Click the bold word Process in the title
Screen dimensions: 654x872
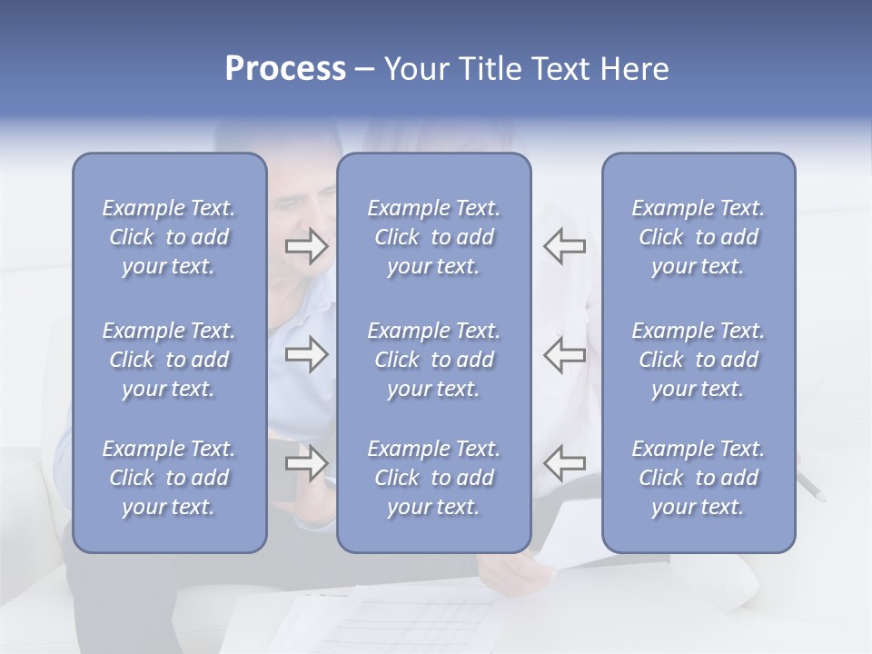click(x=285, y=69)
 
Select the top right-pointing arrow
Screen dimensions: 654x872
click(x=306, y=246)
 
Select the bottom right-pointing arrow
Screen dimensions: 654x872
click(x=306, y=463)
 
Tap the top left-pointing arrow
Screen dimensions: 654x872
click(x=565, y=246)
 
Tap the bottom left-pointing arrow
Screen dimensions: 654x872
click(x=565, y=463)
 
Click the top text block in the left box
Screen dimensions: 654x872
click(x=169, y=237)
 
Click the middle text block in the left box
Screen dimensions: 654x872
click(x=169, y=360)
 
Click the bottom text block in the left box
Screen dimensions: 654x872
click(x=169, y=478)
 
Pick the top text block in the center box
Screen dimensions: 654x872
click(x=433, y=237)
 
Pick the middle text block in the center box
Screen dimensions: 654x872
click(x=433, y=360)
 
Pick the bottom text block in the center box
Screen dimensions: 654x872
click(x=433, y=478)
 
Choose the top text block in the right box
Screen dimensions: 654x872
click(x=698, y=237)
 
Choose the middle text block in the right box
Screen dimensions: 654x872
click(x=698, y=360)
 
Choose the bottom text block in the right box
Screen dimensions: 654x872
click(x=698, y=478)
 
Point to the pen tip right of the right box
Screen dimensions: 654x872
click(x=821, y=498)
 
